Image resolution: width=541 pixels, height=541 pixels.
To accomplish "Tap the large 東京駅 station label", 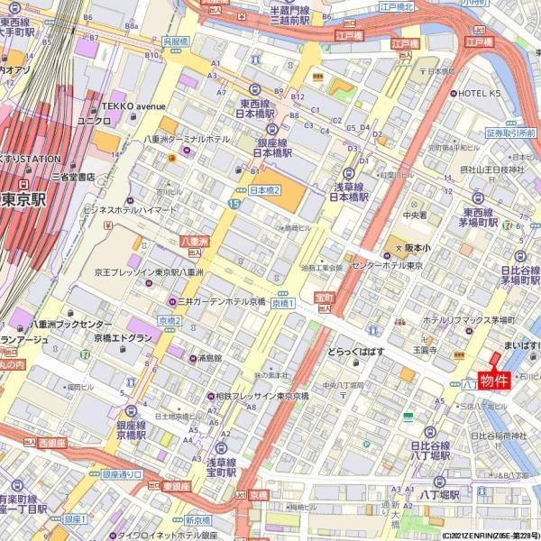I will click(23, 199).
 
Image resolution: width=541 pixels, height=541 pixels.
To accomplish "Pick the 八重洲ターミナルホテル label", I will click(188, 140).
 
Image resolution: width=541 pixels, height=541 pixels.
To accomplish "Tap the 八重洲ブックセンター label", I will click(70, 324).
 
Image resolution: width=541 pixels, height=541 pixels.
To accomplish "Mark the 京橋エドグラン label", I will click(123, 337).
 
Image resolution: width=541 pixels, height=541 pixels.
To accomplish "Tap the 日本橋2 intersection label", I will click(265, 190).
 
